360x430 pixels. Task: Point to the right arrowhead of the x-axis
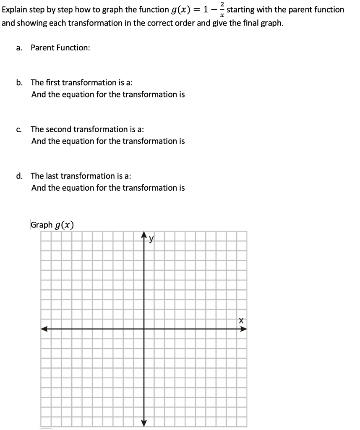(x=243, y=329)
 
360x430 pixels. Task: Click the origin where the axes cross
(x=144, y=329)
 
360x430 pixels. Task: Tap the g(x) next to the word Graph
(x=65, y=225)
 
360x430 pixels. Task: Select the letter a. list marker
(x=19, y=48)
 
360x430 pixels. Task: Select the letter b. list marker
(x=19, y=82)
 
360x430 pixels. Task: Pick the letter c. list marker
(x=19, y=129)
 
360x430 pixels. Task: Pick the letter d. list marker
(x=19, y=176)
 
